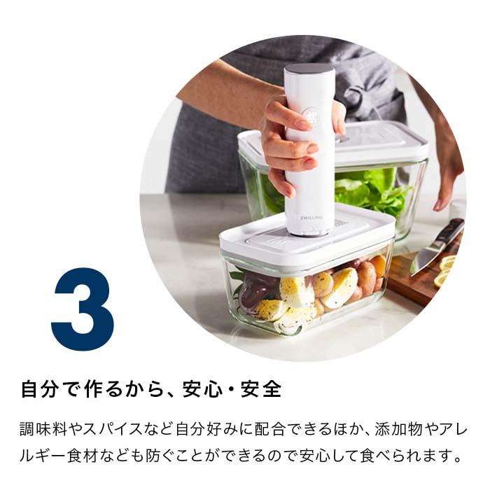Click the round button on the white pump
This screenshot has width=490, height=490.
(x=308, y=115)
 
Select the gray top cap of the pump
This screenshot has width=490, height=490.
(x=308, y=69)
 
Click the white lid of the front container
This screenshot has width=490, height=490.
(x=308, y=234)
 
